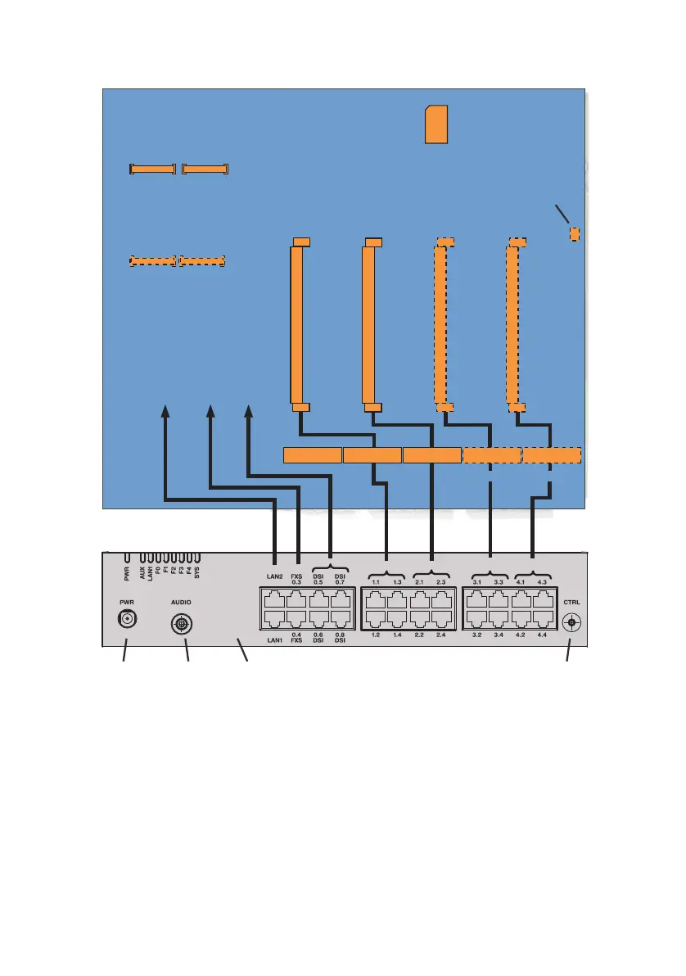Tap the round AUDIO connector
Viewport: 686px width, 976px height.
pos(181,625)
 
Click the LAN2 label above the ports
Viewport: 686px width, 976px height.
pos(274,576)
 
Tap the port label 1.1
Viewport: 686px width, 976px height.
pos(376,582)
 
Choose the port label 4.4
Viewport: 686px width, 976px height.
pos(540,635)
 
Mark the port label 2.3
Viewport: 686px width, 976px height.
pos(441,582)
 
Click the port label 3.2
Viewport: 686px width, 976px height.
pos(477,635)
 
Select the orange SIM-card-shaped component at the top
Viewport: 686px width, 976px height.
pos(436,124)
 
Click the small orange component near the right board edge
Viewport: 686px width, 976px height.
pos(575,234)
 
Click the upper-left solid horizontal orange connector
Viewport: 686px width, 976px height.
pos(152,169)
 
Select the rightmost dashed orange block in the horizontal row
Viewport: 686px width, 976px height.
pos(552,455)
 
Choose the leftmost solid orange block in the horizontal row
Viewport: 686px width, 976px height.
pos(312,455)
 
